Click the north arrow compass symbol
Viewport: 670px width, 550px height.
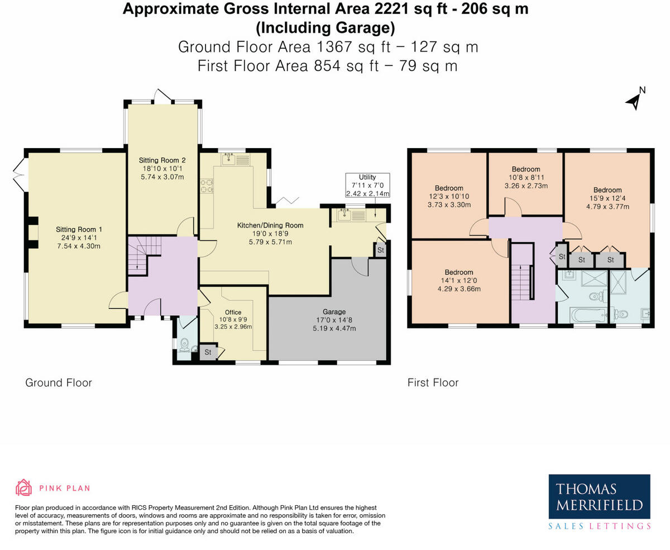point(634,101)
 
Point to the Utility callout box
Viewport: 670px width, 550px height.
point(367,185)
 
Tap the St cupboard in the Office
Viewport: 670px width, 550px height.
point(208,352)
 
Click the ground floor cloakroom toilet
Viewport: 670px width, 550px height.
point(184,345)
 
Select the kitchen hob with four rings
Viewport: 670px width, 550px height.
point(207,186)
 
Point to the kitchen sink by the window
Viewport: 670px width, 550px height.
point(228,159)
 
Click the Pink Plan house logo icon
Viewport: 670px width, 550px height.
point(24,487)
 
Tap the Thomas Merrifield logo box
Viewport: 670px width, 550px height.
point(599,496)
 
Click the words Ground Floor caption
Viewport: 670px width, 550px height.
point(59,382)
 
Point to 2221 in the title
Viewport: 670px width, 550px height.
point(391,9)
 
